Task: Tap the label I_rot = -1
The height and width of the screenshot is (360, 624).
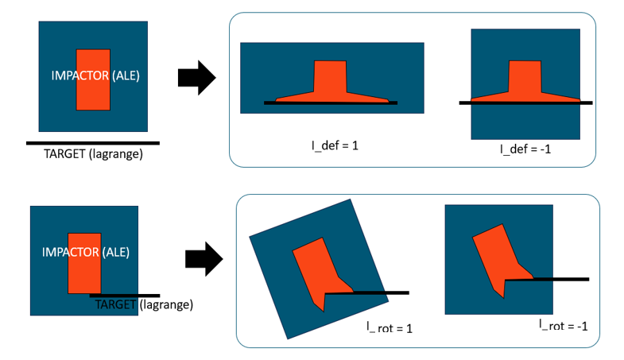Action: [562, 324]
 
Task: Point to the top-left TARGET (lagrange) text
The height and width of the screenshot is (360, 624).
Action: [93, 154]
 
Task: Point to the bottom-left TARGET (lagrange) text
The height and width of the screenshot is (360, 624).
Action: [144, 304]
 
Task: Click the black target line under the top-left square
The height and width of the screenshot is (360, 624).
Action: [93, 143]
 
